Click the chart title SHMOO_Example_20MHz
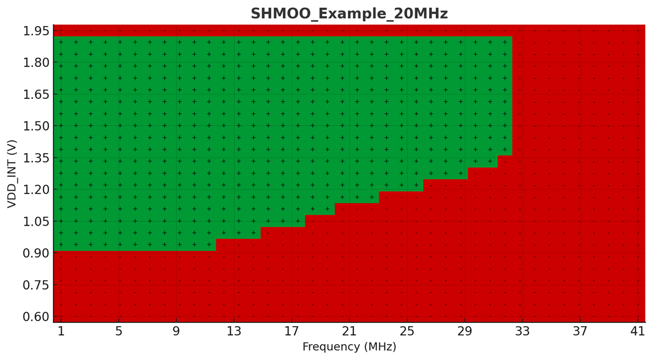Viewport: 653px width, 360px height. click(x=349, y=14)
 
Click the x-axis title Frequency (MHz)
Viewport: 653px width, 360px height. click(x=349, y=347)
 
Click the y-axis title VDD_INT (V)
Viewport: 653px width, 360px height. click(x=12, y=173)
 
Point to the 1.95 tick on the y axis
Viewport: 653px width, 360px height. click(x=36, y=31)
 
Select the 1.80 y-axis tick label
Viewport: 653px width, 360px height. click(x=36, y=63)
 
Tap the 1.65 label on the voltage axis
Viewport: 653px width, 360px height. click(x=36, y=95)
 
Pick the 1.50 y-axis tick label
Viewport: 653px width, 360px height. click(x=36, y=127)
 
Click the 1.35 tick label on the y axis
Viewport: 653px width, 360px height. click(x=36, y=158)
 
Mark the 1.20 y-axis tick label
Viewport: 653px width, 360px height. click(x=36, y=190)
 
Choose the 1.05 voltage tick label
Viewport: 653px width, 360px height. click(x=36, y=222)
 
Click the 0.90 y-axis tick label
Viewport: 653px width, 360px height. click(x=36, y=254)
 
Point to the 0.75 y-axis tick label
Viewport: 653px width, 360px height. click(x=36, y=285)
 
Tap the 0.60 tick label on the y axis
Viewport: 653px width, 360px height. click(x=36, y=317)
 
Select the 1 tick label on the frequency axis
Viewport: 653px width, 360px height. click(x=61, y=332)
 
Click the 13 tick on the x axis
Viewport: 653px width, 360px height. click(x=234, y=332)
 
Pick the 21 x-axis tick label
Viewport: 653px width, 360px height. click(x=349, y=332)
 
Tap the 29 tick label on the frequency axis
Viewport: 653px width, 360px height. click(x=464, y=332)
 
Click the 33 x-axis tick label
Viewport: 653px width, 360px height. click(x=522, y=332)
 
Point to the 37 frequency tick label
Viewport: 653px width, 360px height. click(x=580, y=332)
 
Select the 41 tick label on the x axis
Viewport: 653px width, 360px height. click(x=637, y=332)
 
